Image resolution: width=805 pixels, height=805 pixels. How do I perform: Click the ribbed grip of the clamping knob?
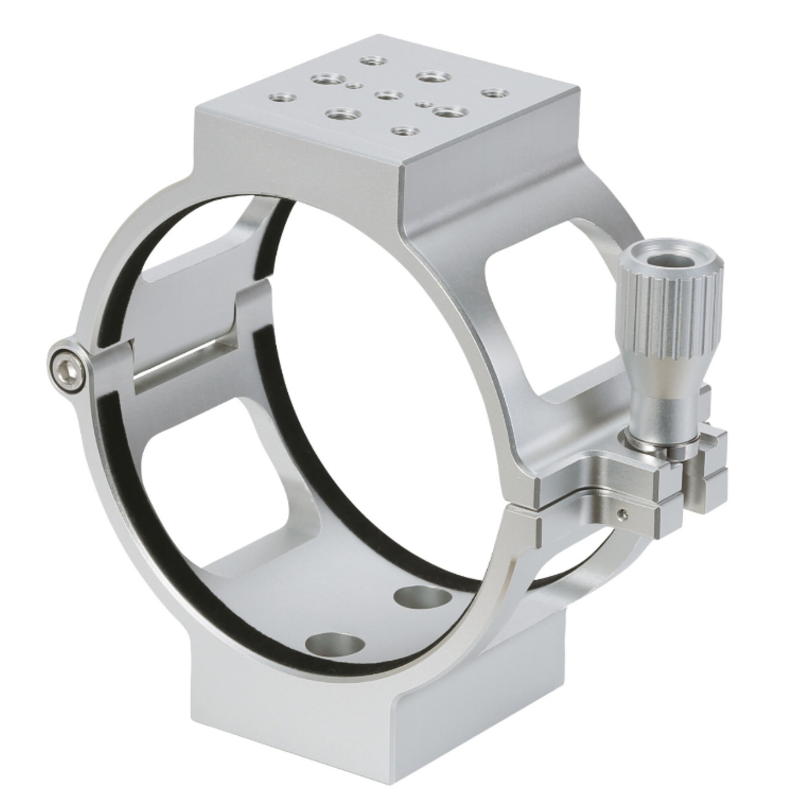point(671,317)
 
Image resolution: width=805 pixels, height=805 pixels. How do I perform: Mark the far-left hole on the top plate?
point(282,98)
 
